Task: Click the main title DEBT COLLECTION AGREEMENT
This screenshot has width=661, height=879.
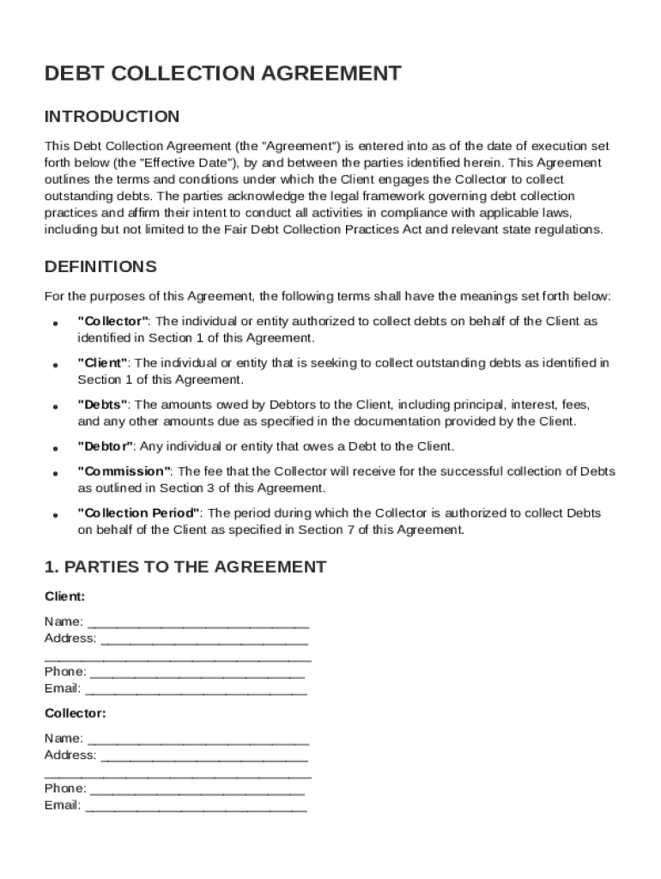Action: point(222,74)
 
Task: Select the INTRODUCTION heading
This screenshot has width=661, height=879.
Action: point(112,117)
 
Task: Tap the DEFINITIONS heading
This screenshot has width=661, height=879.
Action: point(100,266)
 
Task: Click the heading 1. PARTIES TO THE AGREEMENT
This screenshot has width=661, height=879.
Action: point(185,567)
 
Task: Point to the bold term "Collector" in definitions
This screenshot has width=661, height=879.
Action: point(113,321)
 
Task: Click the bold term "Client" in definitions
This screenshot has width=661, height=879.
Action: point(103,363)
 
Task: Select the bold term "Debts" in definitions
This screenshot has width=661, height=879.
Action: point(103,404)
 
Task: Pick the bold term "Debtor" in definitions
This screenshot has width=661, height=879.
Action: point(106,446)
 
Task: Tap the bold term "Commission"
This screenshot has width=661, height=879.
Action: point(124,471)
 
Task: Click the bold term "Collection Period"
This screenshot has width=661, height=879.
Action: point(139,513)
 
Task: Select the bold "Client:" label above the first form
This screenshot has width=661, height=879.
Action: point(64,596)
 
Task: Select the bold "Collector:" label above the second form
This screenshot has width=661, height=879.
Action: point(75,712)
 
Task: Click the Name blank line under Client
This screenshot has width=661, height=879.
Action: point(198,623)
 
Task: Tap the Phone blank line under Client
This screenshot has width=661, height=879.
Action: point(197,673)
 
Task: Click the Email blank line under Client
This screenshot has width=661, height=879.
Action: point(196,690)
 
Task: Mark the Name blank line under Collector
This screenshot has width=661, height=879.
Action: point(198,740)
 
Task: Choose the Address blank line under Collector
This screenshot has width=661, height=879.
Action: point(204,757)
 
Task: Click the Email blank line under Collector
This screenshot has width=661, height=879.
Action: point(196,807)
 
